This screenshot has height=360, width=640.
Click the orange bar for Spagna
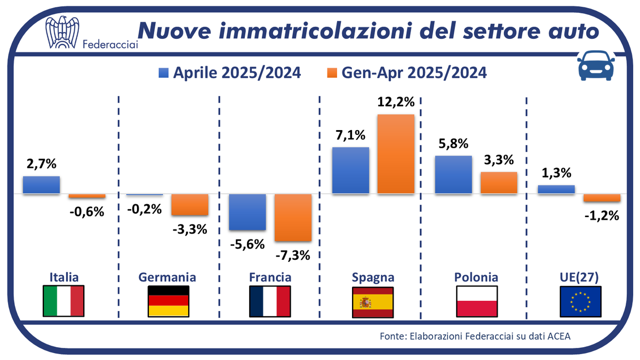point(396,154)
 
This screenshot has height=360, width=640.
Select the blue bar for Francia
point(247,212)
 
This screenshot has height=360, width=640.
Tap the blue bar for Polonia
point(453,174)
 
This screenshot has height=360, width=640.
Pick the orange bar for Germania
point(189,204)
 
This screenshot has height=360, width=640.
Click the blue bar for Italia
point(41,185)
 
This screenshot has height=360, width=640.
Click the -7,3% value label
point(293,255)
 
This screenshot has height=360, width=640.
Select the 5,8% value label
point(453,144)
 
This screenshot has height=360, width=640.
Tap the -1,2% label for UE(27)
point(602,215)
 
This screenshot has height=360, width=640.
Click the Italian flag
point(63,301)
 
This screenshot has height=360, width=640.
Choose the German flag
point(168,301)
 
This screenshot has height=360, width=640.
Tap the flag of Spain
point(373,301)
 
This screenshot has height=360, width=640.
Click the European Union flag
point(580,301)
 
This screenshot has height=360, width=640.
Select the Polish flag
point(477,301)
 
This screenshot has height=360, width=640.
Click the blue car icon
point(595,67)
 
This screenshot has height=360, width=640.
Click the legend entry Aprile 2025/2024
point(229,73)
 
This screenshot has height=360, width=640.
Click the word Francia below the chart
point(270,277)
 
